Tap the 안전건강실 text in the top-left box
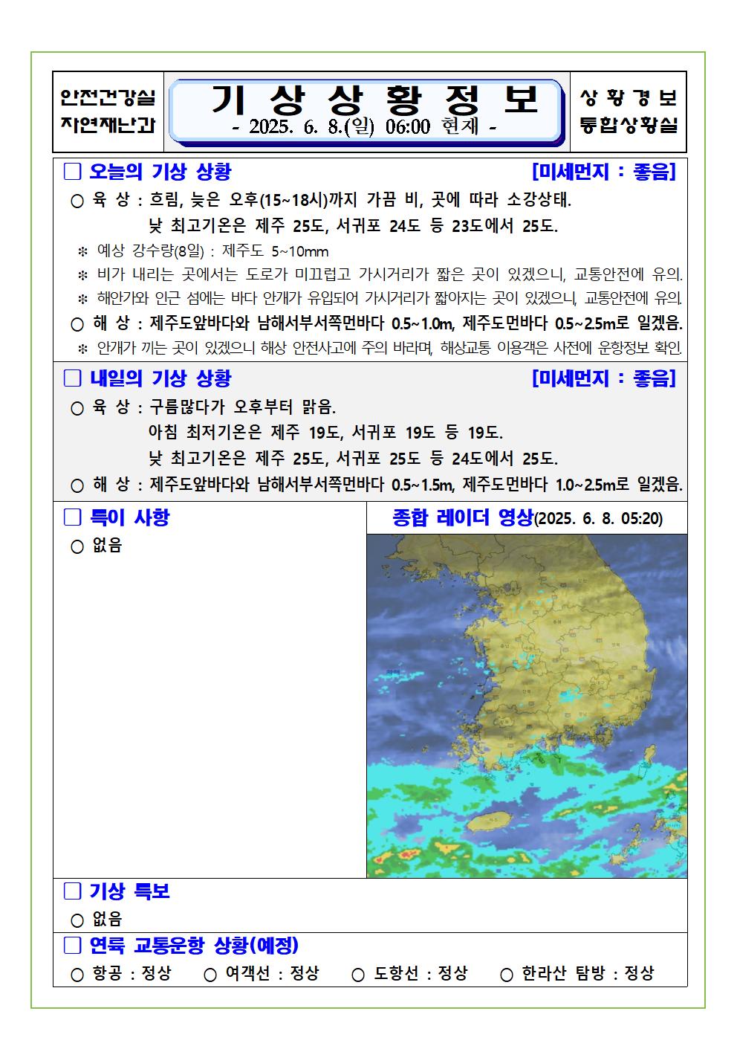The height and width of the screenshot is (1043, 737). point(108,97)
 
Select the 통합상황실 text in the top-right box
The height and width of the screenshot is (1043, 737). point(629,125)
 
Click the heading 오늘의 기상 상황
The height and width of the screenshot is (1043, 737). point(160,172)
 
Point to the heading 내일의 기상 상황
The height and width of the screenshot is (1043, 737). point(160,378)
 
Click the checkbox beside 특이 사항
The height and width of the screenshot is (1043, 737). point(72,517)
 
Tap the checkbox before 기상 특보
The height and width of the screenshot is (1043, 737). point(72,891)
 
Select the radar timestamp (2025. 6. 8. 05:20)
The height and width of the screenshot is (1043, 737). point(599,519)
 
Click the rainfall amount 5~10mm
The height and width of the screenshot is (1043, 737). point(300,251)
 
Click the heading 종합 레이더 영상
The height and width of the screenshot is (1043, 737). point(462,517)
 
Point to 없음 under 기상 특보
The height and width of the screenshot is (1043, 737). point(107,919)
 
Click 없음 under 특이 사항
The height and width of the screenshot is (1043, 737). point(107,546)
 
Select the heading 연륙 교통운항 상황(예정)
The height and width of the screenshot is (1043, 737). point(194,946)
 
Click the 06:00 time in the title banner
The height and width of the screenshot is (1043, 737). point(408,127)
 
